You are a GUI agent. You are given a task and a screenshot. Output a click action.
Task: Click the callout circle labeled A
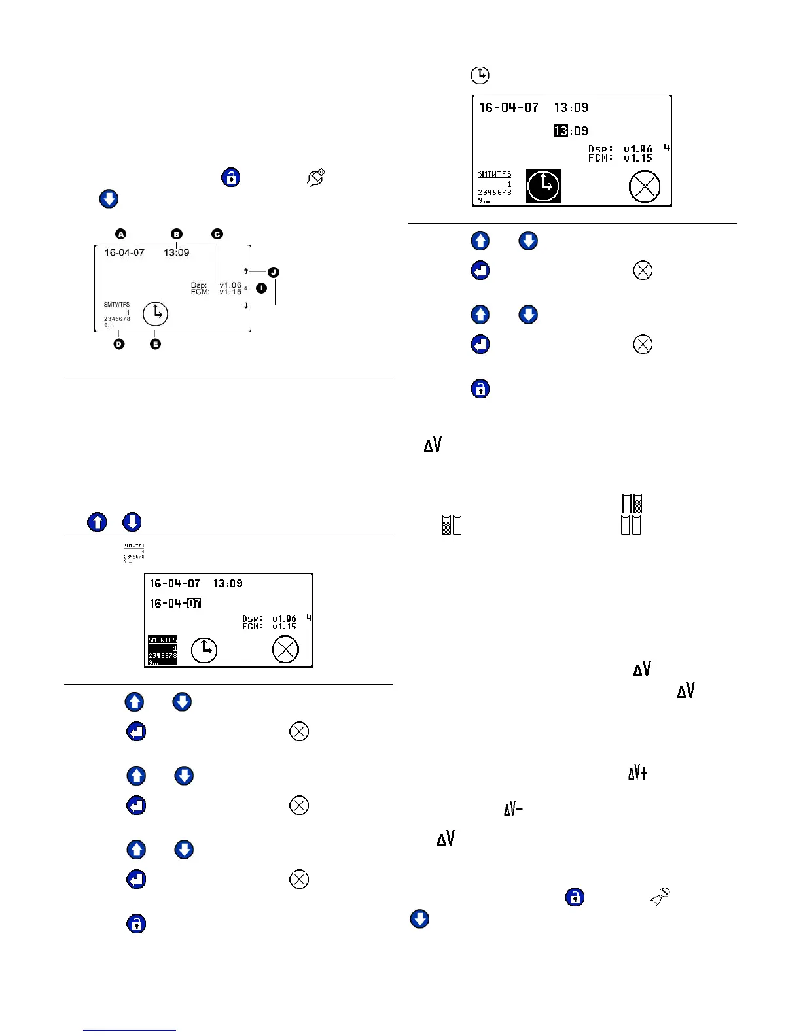(x=120, y=234)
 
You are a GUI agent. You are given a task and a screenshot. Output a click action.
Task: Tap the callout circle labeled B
(x=177, y=234)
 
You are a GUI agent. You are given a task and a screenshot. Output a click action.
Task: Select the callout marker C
(x=217, y=234)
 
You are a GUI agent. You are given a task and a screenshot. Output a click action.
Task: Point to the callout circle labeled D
(x=119, y=344)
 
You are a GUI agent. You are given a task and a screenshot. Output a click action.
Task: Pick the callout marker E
(x=155, y=344)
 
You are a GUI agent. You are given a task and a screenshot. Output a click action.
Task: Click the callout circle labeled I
(x=262, y=288)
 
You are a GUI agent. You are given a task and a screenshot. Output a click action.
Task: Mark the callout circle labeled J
(x=274, y=272)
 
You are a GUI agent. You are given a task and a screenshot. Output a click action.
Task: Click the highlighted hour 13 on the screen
(x=561, y=131)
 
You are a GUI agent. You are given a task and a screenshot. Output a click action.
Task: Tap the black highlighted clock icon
(x=543, y=186)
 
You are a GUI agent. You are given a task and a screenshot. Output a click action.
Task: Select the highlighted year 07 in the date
(x=194, y=603)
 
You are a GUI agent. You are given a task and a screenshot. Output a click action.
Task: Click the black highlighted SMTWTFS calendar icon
(x=162, y=651)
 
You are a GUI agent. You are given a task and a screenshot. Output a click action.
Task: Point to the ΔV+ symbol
(x=637, y=773)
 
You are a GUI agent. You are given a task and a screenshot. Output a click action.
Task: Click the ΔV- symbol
(x=513, y=810)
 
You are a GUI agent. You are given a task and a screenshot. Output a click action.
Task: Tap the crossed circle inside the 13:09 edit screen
(x=644, y=187)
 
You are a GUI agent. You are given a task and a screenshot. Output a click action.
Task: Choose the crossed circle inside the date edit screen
(x=285, y=649)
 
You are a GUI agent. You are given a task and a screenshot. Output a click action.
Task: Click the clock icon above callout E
(x=156, y=314)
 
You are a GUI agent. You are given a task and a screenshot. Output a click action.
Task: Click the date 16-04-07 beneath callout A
(x=124, y=253)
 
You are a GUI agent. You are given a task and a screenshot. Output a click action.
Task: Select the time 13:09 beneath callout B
(x=177, y=253)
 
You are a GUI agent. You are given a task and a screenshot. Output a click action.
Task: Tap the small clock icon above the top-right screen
(x=480, y=75)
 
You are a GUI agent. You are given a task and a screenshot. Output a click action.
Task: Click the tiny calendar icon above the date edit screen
(x=134, y=553)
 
